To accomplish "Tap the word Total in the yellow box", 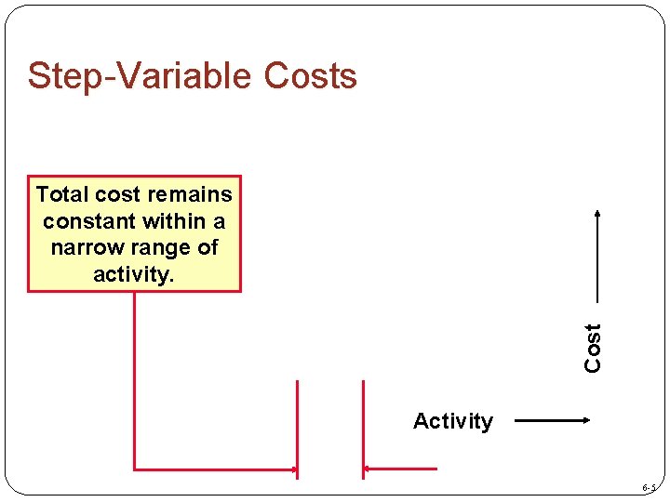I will coord(61,194).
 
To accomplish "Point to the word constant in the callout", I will coord(87,221).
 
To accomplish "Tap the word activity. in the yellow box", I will coord(133,274).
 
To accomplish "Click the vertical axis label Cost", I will coord(593,347).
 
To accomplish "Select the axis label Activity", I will coord(452,421).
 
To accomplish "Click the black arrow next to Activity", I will coord(552,420).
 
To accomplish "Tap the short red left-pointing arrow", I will coord(400,469).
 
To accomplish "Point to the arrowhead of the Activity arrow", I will coord(583,420).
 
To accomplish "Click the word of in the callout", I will coord(208,248).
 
